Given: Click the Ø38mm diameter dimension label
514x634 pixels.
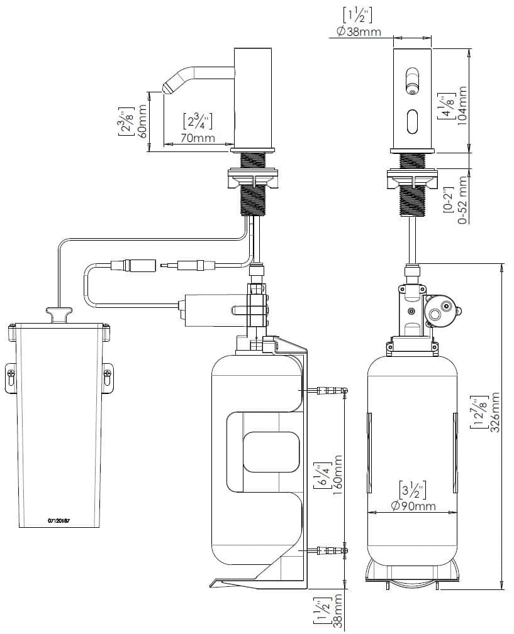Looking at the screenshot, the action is tap(358, 31).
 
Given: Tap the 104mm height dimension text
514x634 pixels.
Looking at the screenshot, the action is tap(462, 106).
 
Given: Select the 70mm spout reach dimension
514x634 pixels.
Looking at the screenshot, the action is tap(198, 138).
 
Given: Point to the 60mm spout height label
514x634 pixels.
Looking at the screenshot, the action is tap(142, 121).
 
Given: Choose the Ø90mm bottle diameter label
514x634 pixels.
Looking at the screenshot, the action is tap(413, 505).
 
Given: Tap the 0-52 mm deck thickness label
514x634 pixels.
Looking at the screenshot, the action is tap(462, 200).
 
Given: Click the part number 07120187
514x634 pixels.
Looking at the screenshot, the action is tap(59, 521).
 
